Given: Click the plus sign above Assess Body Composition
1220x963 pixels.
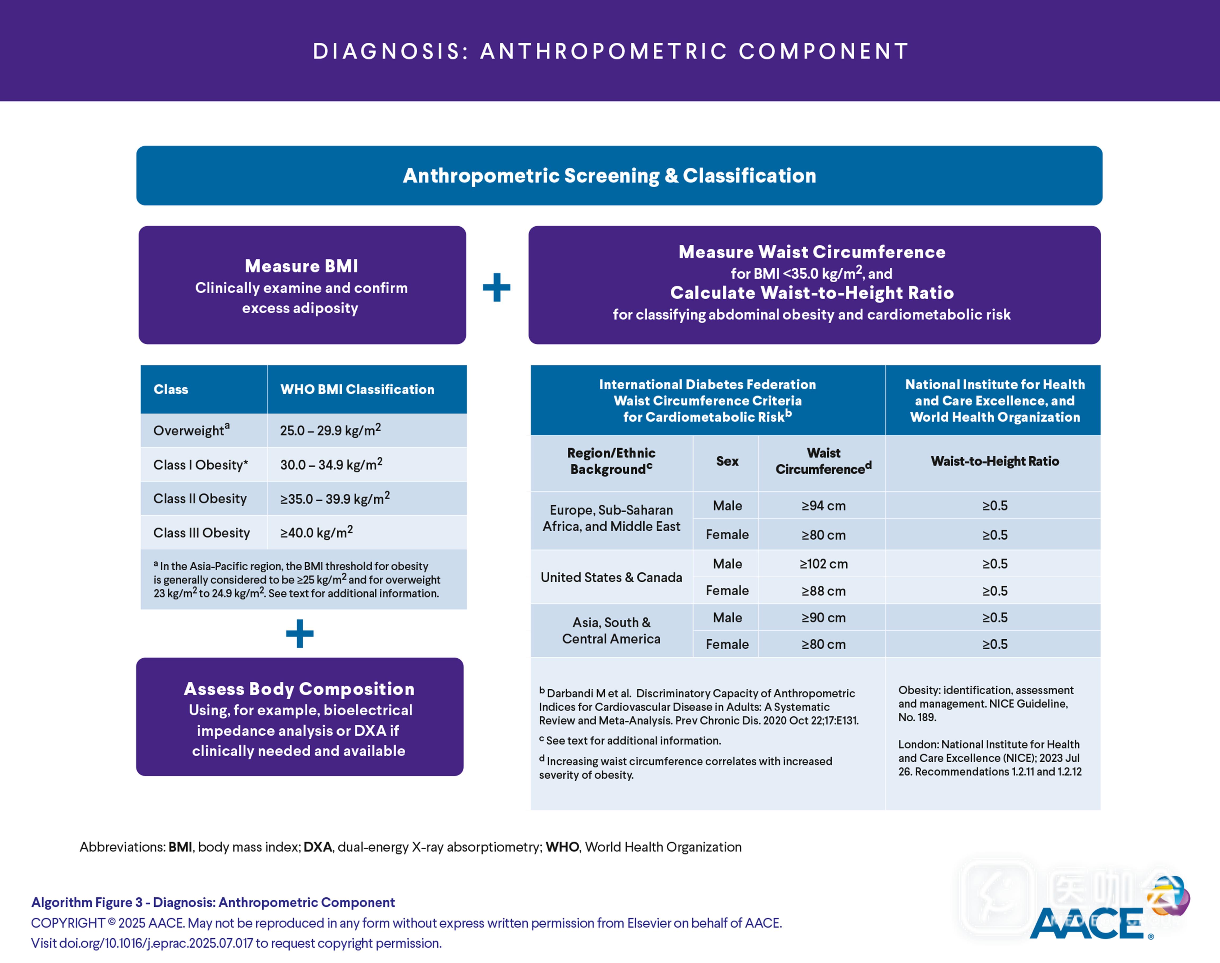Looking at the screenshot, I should (299, 634).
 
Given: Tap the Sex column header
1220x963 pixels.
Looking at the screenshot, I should (727, 461).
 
